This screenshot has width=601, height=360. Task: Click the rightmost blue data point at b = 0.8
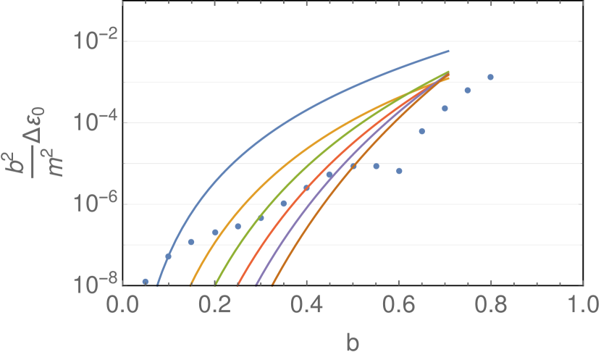coord(491,77)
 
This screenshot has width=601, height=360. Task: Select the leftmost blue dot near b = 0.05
coord(145,281)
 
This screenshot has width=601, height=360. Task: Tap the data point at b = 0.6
coord(399,171)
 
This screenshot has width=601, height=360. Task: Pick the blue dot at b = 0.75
coord(468,90)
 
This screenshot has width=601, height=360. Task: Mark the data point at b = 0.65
coord(422,131)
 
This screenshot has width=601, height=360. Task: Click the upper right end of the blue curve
coord(449,51)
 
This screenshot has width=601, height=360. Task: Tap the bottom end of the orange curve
coord(190,284)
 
